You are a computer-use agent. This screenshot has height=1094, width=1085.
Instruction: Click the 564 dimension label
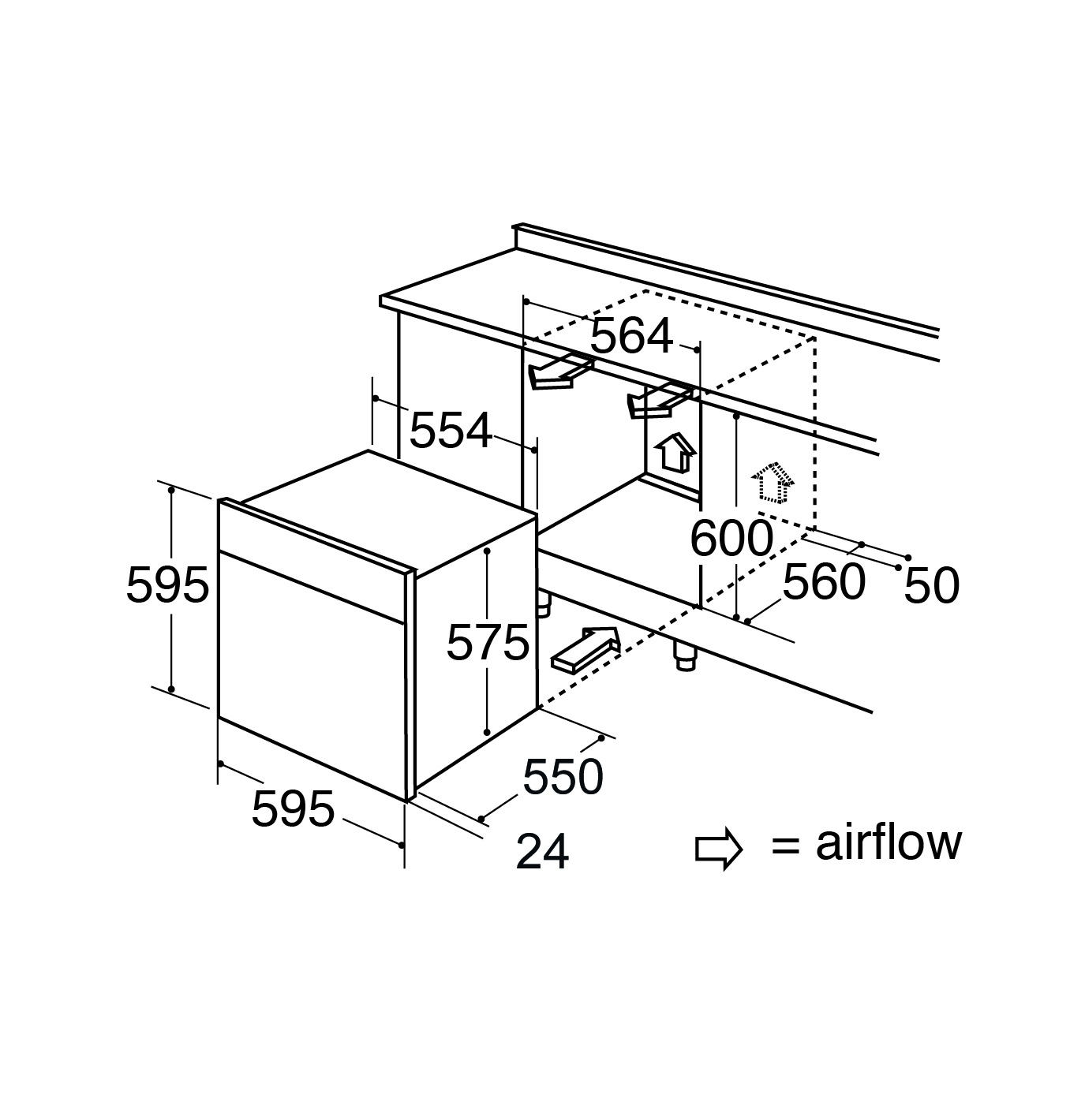pyautogui.click(x=631, y=337)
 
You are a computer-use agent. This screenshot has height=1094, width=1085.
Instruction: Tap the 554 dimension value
pyautogui.click(x=451, y=431)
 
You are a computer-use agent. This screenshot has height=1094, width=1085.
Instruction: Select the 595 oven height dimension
pyautogui.click(x=167, y=584)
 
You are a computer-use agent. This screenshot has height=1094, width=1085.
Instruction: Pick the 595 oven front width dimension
pyautogui.click(x=293, y=808)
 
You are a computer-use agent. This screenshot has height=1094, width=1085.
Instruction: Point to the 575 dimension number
pyautogui.click(x=488, y=642)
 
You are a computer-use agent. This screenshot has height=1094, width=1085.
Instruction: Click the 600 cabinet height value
pyautogui.click(x=731, y=538)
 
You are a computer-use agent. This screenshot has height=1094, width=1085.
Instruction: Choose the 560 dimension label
pyautogui.click(x=825, y=582)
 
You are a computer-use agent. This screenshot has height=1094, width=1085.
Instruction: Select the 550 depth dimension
pyautogui.click(x=563, y=777)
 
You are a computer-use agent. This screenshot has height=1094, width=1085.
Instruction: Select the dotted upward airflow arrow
pyautogui.click(x=772, y=484)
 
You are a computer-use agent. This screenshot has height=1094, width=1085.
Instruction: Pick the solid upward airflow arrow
pyautogui.click(x=675, y=452)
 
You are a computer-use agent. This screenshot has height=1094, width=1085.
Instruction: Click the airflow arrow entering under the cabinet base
pyautogui.click(x=585, y=649)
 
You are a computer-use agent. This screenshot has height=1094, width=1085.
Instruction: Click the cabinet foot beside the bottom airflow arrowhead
pyautogui.click(x=686, y=656)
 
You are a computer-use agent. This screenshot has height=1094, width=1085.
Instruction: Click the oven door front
pyautogui.click(x=312, y=676)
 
